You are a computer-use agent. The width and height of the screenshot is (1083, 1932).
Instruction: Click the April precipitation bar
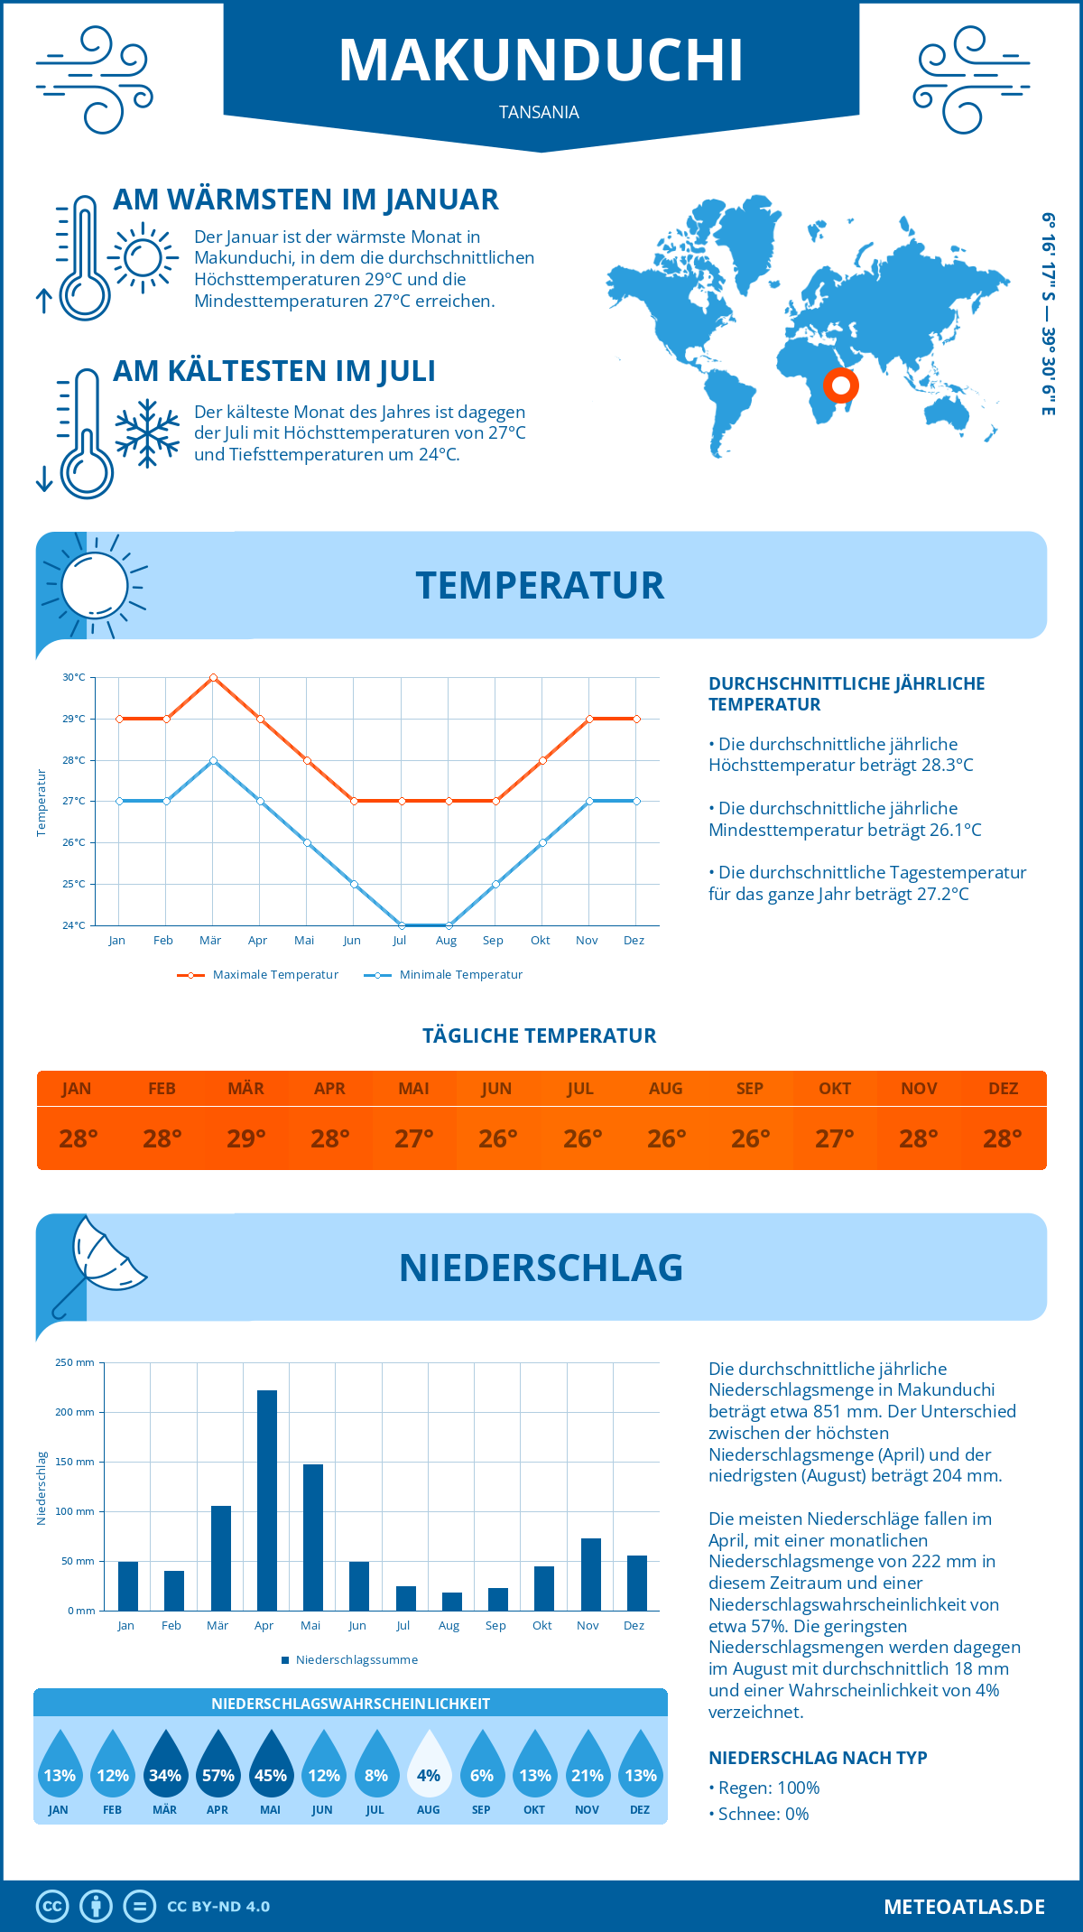pos(267,1500)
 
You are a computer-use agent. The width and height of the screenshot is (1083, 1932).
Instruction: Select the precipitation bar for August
pos(452,1601)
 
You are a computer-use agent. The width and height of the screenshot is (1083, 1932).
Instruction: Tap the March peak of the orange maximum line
pos(213,677)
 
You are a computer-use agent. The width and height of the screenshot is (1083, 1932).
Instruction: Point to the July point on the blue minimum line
pos(402,925)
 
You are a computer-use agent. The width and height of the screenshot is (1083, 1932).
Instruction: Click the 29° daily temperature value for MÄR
pos(246,1138)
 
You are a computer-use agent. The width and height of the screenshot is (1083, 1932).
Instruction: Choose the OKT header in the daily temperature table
pos(835,1088)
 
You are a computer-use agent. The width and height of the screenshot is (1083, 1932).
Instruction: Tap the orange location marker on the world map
pos(840,385)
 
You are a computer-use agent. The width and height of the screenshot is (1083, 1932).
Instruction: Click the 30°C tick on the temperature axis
pos(74,677)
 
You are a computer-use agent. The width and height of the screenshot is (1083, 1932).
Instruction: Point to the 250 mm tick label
pos(75,1362)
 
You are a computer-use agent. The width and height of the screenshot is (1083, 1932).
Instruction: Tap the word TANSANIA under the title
pos(539,112)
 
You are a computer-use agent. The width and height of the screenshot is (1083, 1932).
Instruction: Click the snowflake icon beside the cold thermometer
pos(147,432)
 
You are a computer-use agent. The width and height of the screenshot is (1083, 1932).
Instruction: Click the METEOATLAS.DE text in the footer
pos(964,1907)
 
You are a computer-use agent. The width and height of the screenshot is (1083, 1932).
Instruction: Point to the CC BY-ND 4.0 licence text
pos(218,1907)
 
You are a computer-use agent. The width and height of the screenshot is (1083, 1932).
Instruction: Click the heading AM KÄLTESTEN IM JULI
pos(274,371)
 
